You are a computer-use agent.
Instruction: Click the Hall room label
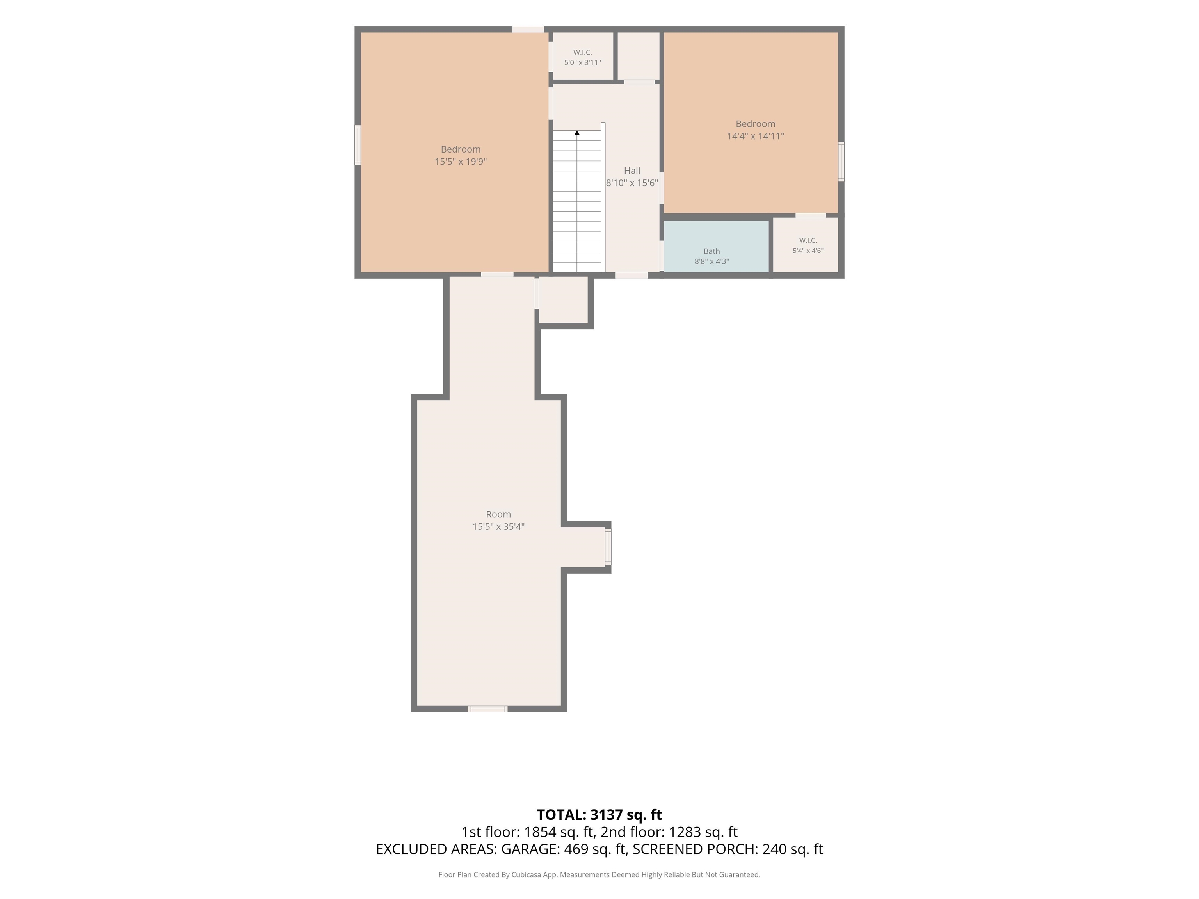632,171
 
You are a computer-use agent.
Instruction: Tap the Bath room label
712,251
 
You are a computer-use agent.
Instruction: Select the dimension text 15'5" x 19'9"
461,162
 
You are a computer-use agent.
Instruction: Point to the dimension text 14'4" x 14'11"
756,136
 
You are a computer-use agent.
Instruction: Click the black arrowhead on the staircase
577,133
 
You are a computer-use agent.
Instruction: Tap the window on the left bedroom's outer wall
358,145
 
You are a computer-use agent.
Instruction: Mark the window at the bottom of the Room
488,709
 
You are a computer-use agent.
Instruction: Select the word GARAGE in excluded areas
530,849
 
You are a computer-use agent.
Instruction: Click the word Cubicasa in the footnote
525,875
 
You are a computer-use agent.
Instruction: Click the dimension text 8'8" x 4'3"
712,261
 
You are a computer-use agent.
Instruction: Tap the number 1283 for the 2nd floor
685,832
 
